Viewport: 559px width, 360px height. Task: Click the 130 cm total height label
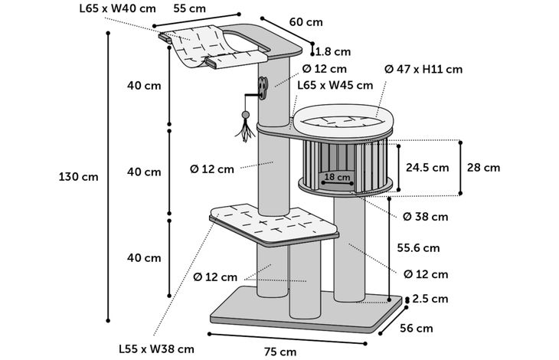pyautogui.click(x=78, y=176)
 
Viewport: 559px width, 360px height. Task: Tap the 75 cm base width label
pyautogui.click(x=279, y=352)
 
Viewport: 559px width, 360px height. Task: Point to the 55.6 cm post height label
pyautogui.click(x=418, y=247)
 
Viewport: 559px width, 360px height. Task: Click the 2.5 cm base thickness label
pyautogui.click(x=430, y=299)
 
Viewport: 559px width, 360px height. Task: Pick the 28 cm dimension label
pyautogui.click(x=482, y=167)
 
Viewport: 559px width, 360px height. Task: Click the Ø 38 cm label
pyautogui.click(x=425, y=216)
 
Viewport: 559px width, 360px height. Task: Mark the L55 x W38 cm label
pyautogui.click(x=155, y=348)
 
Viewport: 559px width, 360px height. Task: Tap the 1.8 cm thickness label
pyautogui.click(x=333, y=52)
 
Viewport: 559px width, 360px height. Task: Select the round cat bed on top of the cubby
pyautogui.click(x=342, y=119)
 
